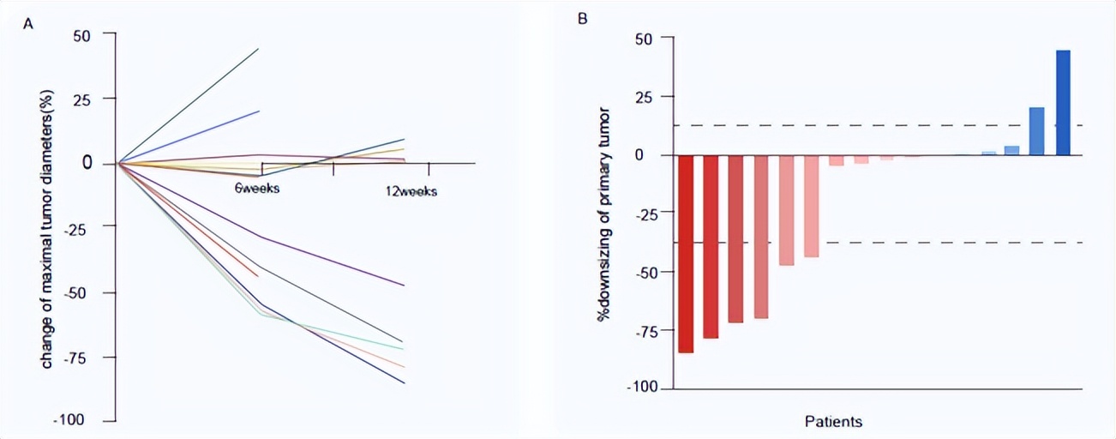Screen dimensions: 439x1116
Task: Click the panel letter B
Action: coord(583,17)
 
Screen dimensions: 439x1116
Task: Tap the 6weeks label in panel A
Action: coord(258,188)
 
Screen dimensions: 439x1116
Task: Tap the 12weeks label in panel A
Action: coord(411,191)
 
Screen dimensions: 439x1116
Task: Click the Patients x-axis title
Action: coord(833,422)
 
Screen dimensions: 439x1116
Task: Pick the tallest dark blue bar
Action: coord(1063,103)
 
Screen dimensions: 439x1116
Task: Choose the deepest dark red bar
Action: coord(686,254)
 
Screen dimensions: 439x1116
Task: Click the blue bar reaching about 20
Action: coord(1037,131)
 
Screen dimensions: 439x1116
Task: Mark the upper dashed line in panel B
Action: coord(857,126)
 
